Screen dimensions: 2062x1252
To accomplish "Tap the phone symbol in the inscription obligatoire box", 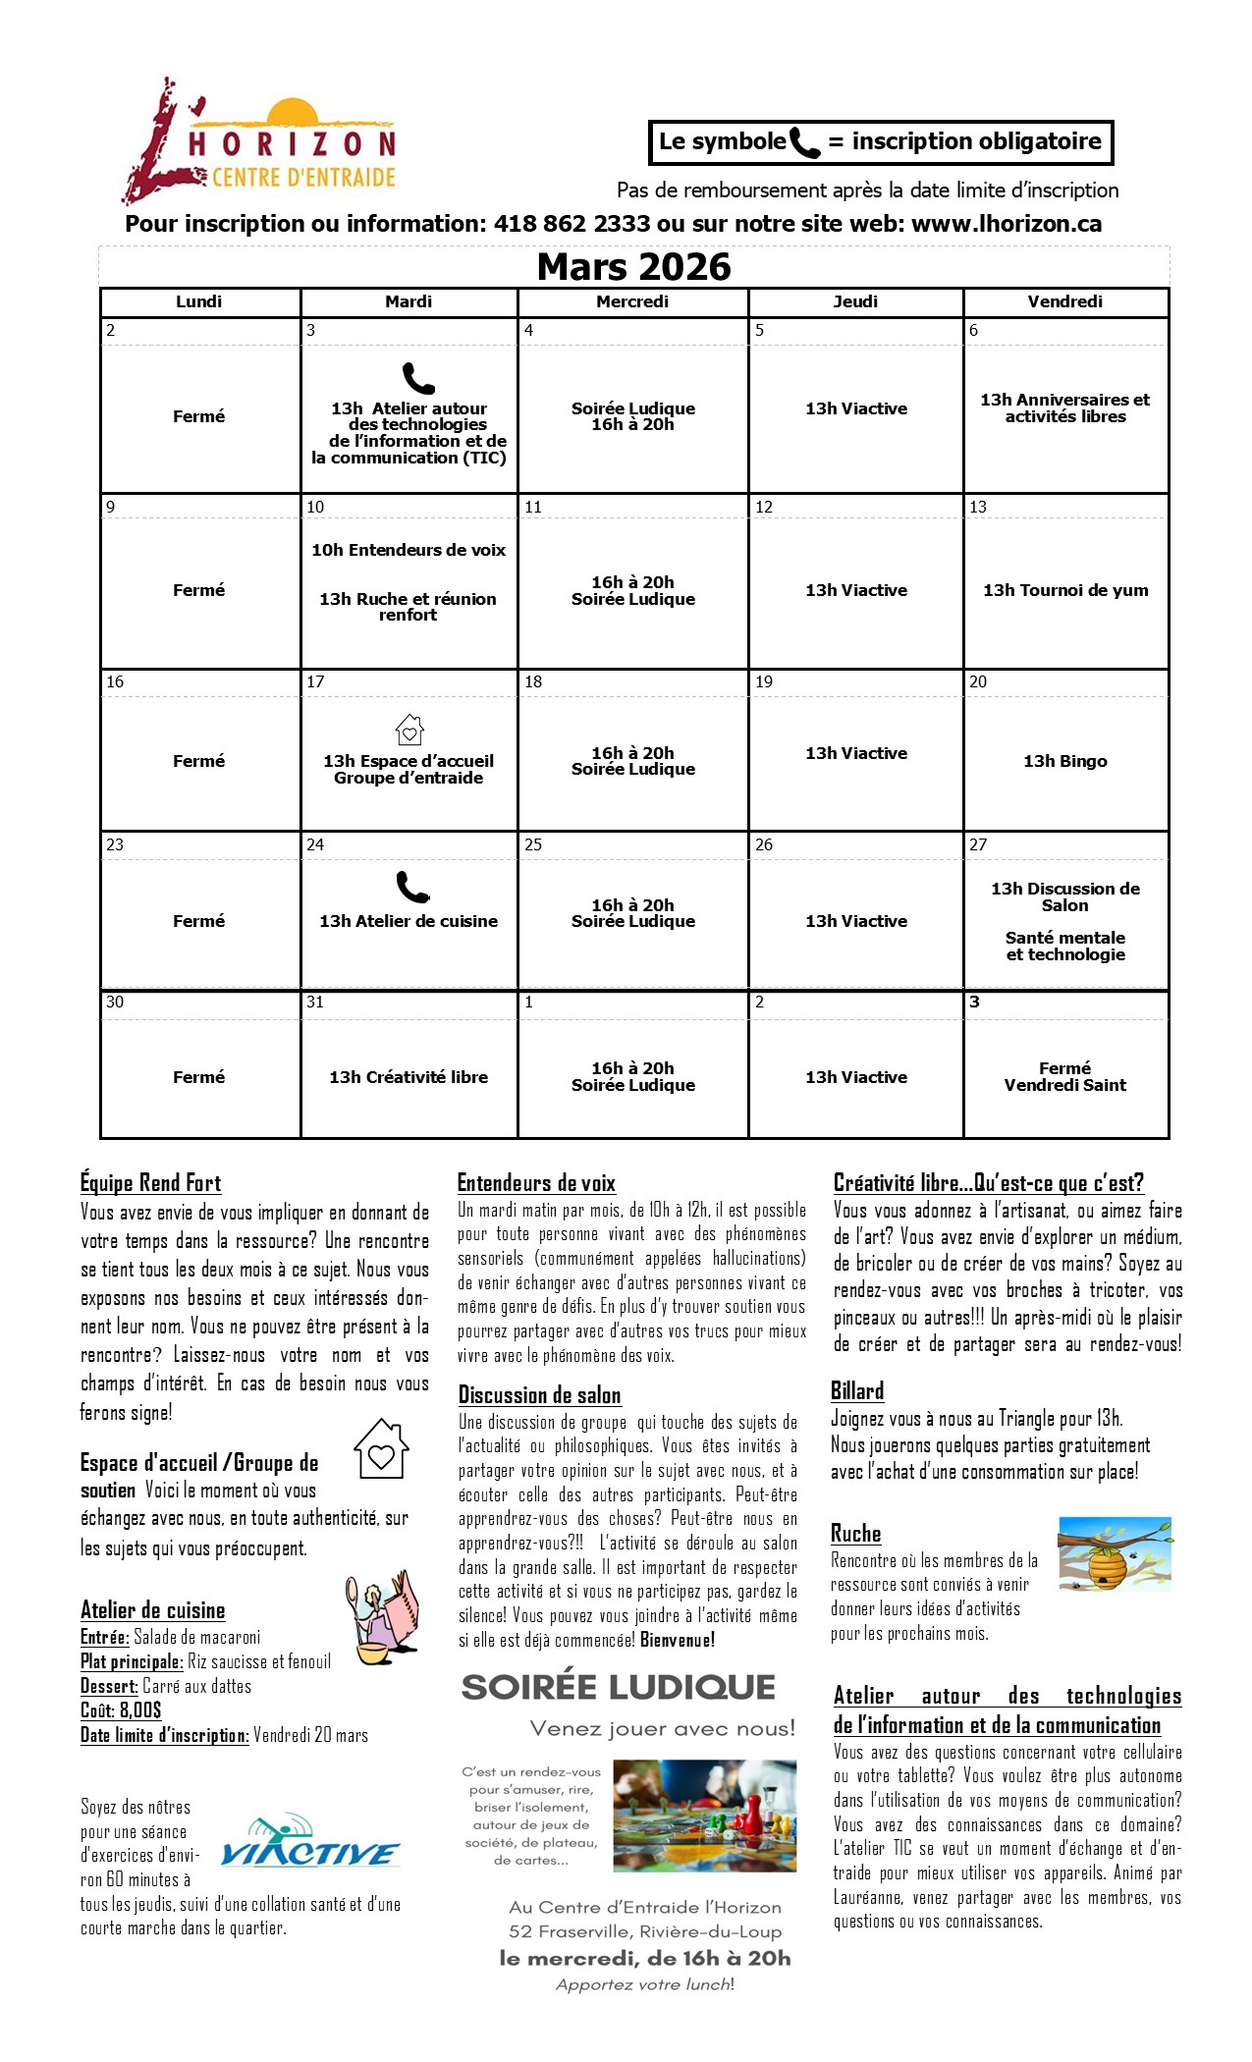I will tap(804, 143).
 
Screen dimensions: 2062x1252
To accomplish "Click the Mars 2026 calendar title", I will tap(633, 267).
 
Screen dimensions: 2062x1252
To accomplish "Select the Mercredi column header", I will tap(632, 301).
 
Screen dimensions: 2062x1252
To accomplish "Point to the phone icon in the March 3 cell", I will tap(418, 378).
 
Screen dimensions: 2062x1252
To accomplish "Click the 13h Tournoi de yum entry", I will tap(1065, 590).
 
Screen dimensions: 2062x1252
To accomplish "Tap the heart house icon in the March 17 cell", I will tap(409, 730).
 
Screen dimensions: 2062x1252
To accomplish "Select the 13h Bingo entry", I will tap(1065, 761).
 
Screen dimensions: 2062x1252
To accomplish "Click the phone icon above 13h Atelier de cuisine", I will tap(412, 887).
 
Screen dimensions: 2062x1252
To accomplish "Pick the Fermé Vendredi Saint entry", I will tap(1065, 1076).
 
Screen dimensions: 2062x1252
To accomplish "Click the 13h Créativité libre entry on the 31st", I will tap(408, 1077).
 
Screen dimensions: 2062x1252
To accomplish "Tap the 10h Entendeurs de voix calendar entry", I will tap(408, 550).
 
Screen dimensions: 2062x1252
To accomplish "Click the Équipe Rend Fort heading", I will tap(150, 1183).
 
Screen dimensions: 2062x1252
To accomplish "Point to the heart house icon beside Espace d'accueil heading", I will tap(381, 1449).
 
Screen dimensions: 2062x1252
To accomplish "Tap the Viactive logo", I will tap(309, 1842).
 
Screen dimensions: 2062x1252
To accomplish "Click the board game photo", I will tap(704, 1816).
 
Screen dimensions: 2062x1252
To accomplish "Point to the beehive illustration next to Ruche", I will tap(1115, 1554).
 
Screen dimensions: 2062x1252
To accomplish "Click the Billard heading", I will tap(857, 1391).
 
